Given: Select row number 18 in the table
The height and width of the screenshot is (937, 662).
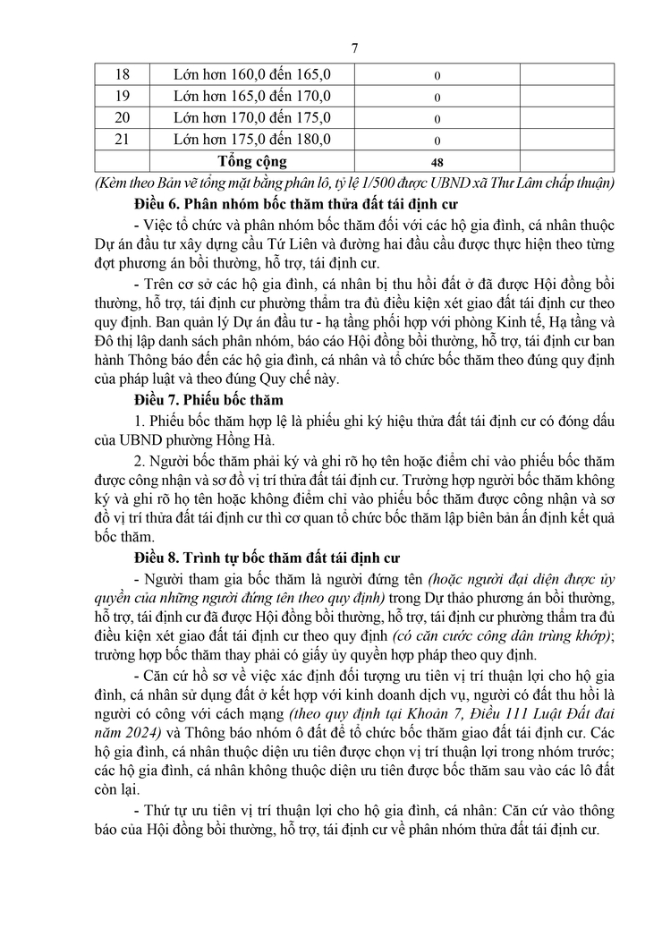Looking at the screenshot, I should pyautogui.click(x=123, y=73).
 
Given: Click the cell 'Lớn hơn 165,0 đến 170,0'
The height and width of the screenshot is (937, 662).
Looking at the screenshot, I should pyautogui.click(x=252, y=96).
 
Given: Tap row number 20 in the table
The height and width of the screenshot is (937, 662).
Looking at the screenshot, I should pyautogui.click(x=123, y=117).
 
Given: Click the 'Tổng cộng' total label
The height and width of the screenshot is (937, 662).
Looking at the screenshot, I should pyautogui.click(x=252, y=161).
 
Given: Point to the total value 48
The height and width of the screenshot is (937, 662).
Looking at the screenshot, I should pyautogui.click(x=437, y=162).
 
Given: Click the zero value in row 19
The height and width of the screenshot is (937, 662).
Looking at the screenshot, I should pyautogui.click(x=437, y=97).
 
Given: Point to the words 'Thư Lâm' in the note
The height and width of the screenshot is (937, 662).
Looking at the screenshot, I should pyautogui.click(x=539, y=183).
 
